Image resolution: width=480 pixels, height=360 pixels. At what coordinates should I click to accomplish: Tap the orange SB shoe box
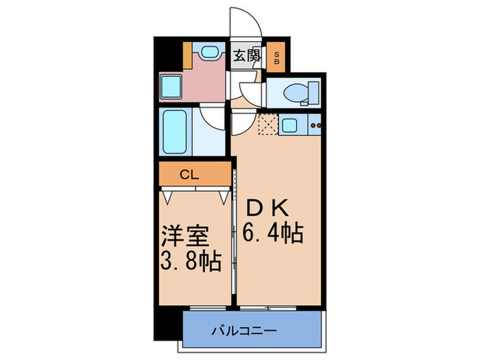pyautogui.click(x=277, y=57)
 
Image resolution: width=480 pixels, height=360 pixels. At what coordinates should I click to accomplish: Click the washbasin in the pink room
pyautogui.click(x=208, y=53)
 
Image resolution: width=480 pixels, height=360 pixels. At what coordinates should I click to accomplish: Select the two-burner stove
pyautogui.click(x=316, y=125)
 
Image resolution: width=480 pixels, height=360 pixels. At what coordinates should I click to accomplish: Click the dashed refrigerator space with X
pyautogui.click(x=267, y=125)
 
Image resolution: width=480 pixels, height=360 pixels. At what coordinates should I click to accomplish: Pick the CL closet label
pyautogui.click(x=190, y=175)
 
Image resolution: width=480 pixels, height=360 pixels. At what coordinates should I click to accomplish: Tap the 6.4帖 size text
pyautogui.click(x=272, y=234)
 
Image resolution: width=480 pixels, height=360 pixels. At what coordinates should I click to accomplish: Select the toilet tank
pyautogui.click(x=314, y=91)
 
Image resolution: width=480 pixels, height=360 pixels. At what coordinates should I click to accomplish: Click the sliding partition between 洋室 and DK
pyautogui.click(x=235, y=226)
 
